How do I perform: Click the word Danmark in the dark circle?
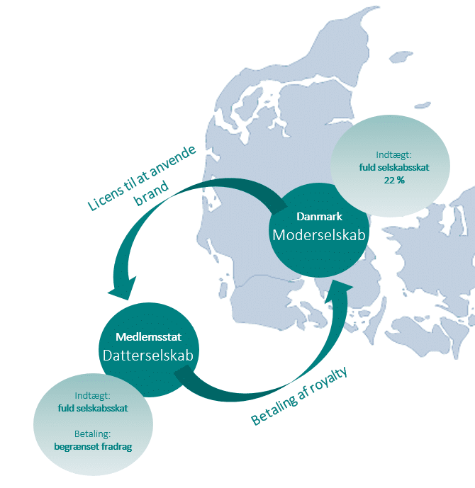[319, 216]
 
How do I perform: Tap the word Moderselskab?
[319, 235]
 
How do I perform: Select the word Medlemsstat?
[148, 336]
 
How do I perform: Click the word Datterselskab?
[148, 356]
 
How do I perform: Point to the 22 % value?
[394, 180]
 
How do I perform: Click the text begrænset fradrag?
[93, 447]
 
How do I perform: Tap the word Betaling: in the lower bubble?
[92, 433]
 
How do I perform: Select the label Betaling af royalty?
[298, 396]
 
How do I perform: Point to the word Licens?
[106, 198]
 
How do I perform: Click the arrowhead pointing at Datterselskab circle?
[123, 289]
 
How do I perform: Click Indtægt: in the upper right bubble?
[393, 154]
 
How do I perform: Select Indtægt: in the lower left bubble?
[92, 395]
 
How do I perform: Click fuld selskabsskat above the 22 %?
[394, 167]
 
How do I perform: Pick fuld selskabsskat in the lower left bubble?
[93, 409]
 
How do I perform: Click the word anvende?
[173, 162]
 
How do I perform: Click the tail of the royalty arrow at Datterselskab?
[182, 372]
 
